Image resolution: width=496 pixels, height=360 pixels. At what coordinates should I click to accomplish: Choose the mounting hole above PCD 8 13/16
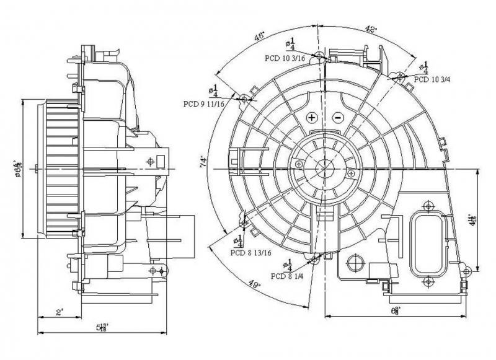tap(244, 222)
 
